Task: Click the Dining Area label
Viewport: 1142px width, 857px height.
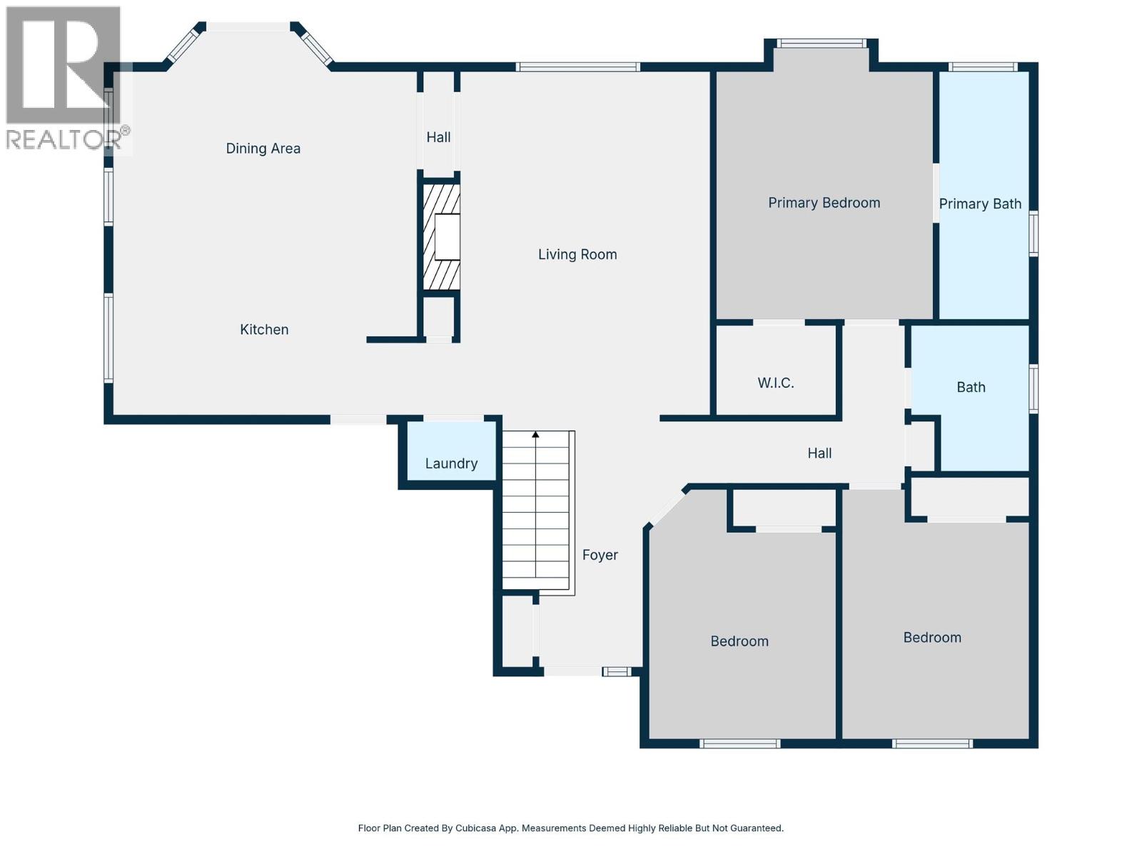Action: pos(263,149)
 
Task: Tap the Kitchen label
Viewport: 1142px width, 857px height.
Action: pos(264,329)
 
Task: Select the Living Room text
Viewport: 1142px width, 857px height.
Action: pos(577,254)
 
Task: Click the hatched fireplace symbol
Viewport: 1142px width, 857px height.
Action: pos(440,237)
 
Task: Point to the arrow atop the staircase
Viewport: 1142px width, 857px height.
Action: pos(535,434)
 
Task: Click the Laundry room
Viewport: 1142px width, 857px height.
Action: pos(451,463)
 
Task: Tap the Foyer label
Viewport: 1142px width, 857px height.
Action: pos(600,555)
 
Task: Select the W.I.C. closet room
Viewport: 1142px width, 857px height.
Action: pos(776,383)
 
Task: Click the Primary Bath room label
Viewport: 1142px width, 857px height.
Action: pos(980,204)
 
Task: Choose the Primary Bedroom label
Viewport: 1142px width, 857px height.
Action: pos(824,203)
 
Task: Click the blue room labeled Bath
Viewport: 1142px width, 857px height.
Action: pos(971,387)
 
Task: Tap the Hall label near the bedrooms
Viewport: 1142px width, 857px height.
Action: pos(819,453)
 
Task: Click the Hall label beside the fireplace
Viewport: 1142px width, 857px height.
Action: pos(438,137)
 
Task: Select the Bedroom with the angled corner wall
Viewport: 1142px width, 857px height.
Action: pos(739,641)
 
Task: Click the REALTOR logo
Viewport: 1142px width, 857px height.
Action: pos(64,79)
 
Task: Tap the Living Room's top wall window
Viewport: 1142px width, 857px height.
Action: pos(578,67)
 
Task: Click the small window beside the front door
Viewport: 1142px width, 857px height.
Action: pos(617,671)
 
